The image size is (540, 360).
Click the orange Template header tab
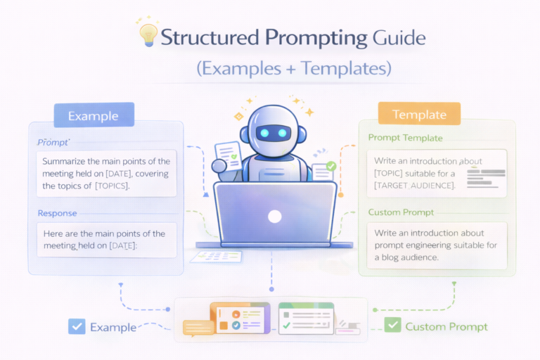coord(419,114)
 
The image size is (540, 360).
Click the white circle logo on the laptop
coord(275,216)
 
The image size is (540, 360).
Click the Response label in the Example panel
coord(57,212)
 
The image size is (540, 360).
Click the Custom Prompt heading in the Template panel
coord(401,212)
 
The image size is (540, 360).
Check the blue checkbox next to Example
coord(77,326)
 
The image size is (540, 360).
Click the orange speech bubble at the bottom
coord(197,327)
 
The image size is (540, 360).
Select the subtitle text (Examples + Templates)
coord(293,69)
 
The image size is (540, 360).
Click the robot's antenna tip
coord(270,100)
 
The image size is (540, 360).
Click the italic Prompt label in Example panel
coord(53,143)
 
